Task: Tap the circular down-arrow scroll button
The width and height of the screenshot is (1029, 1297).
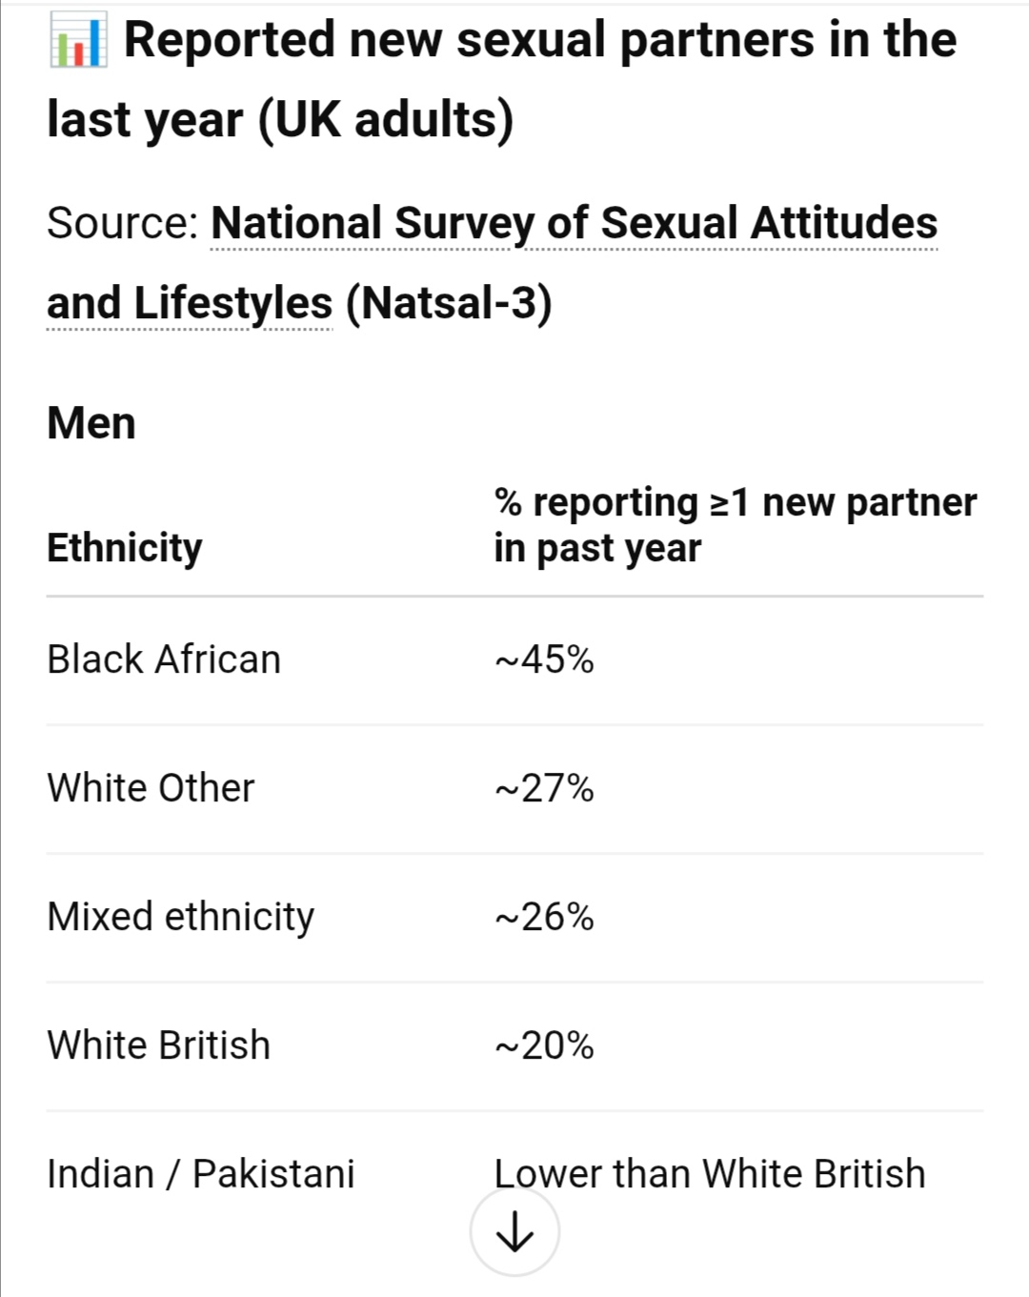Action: pos(514,1233)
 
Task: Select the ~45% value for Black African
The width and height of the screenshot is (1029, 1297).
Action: pos(544,659)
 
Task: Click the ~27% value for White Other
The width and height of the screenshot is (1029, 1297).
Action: pos(544,788)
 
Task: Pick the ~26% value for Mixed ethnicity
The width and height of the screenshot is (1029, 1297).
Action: pos(544,917)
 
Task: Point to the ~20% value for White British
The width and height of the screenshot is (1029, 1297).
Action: pos(544,1045)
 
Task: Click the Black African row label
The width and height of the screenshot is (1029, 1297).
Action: pos(164,659)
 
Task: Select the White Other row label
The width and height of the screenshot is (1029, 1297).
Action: pos(151,788)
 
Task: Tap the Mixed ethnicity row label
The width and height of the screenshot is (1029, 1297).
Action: pos(180,917)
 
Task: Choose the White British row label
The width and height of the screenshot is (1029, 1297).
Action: pos(158,1045)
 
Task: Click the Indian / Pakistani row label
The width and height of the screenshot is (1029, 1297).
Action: pos(200,1174)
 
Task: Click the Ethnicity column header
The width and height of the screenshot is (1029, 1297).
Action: pos(124,548)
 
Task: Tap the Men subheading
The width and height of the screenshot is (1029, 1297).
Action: pos(91,423)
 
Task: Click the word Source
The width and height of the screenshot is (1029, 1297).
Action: pos(120,223)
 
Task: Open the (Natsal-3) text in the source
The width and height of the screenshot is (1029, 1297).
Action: pos(448,303)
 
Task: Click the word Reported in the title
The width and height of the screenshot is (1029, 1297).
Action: pos(229,40)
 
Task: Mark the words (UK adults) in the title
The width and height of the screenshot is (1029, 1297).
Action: pos(386,120)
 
